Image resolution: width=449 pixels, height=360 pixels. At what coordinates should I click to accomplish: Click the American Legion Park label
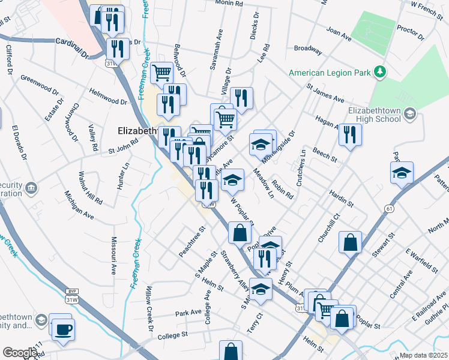tap(330, 73)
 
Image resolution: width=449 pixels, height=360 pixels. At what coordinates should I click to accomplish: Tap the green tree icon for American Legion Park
tap(379, 73)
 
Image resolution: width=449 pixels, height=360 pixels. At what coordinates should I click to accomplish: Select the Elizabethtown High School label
tap(375, 115)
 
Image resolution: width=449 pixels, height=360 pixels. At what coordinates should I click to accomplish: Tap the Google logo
tap(19, 353)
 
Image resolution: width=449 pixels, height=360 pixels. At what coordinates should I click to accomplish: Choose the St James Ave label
tap(325, 94)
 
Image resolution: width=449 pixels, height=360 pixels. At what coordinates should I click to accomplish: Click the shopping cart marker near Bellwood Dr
tap(161, 73)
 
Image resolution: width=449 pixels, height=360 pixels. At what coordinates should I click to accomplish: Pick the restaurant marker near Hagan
tap(349, 134)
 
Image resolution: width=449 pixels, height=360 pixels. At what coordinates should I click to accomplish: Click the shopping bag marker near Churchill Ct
tap(350, 243)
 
